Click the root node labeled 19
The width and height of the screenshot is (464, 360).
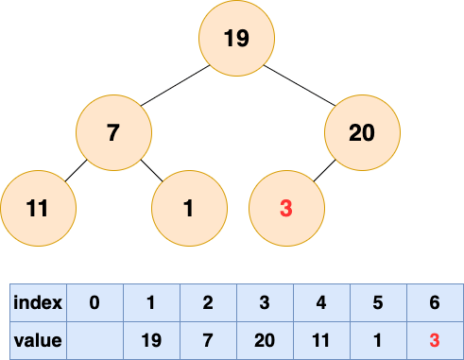point(236,38)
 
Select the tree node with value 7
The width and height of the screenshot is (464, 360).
point(113,132)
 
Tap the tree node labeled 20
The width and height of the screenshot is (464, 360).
point(362,132)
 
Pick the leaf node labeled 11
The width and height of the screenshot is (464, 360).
point(38,208)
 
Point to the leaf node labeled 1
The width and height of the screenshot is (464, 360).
point(189,208)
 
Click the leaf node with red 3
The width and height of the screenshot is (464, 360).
point(286,208)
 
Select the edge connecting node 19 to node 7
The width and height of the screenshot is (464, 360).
point(175,85)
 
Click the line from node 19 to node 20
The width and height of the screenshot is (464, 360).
point(300,85)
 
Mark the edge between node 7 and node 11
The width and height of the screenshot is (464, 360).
point(76,171)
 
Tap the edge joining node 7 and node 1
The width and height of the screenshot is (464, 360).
point(152,171)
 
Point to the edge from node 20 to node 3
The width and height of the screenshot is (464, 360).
point(324,171)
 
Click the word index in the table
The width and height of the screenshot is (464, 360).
point(38,302)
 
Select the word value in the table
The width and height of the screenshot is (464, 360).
point(38,340)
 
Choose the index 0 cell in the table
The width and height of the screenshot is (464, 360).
point(95,302)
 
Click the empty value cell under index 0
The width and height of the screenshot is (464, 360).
point(95,340)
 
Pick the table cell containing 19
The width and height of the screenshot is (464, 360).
point(151,340)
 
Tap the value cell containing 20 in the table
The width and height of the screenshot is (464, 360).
point(265,340)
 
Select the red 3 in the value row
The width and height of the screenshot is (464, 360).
point(435,340)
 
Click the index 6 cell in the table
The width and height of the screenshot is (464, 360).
point(435,302)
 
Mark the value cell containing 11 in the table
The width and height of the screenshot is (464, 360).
point(321,340)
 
